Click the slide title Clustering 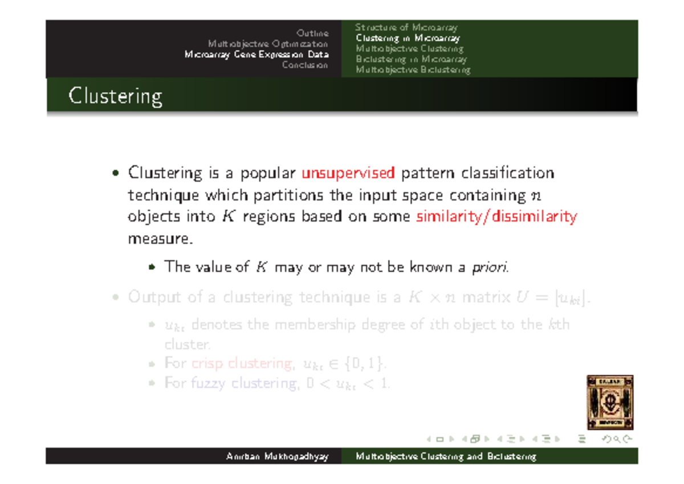[x=115, y=96]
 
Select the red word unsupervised [x=348, y=173]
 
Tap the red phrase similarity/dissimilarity [x=496, y=217]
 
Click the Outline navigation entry [x=312, y=33]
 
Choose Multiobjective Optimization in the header [x=268, y=44]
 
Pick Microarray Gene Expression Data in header [x=256, y=55]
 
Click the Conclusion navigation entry [x=305, y=65]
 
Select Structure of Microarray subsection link [x=406, y=27]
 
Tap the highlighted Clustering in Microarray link [x=407, y=38]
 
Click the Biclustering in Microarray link [x=410, y=59]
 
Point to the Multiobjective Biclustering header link [x=413, y=70]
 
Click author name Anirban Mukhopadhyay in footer [x=277, y=457]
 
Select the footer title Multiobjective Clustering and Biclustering [x=446, y=457]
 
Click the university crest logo [x=610, y=402]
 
